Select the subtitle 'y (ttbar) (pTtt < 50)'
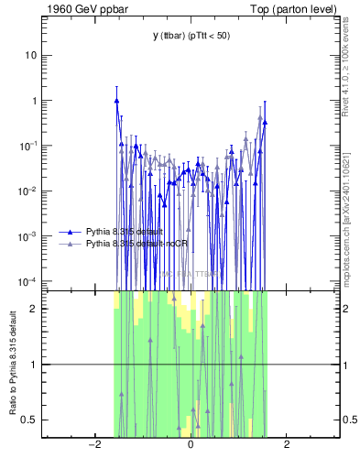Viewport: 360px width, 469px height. (191, 35)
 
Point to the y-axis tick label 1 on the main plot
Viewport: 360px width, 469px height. (34, 101)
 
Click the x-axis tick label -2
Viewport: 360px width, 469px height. (93, 445)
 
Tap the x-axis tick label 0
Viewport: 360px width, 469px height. (191, 445)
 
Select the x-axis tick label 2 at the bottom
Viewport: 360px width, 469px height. (288, 445)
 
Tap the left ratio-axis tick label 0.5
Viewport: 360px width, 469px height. (30, 420)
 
